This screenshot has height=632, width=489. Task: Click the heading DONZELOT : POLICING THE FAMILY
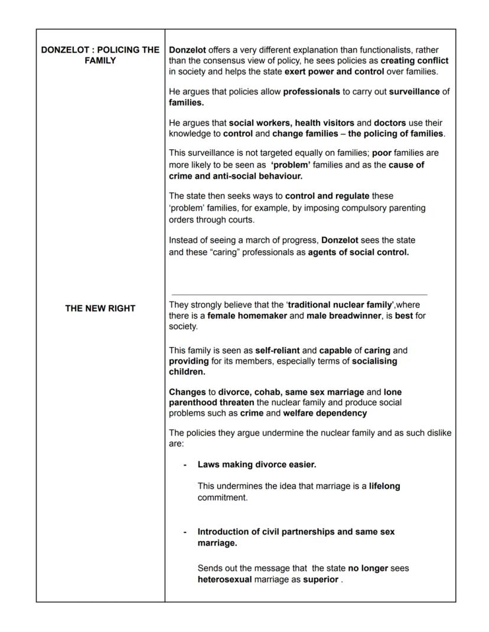click(100, 55)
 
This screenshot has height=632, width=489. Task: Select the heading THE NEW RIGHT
click(100, 308)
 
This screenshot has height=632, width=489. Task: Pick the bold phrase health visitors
click(324, 123)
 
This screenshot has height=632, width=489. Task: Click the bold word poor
click(382, 153)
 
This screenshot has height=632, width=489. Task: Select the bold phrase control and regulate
click(327, 195)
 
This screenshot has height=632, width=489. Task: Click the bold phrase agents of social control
click(358, 253)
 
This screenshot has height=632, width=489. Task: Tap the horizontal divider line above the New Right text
click(299, 294)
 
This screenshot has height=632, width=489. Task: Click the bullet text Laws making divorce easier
click(257, 464)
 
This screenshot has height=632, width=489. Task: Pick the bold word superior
click(321, 579)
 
